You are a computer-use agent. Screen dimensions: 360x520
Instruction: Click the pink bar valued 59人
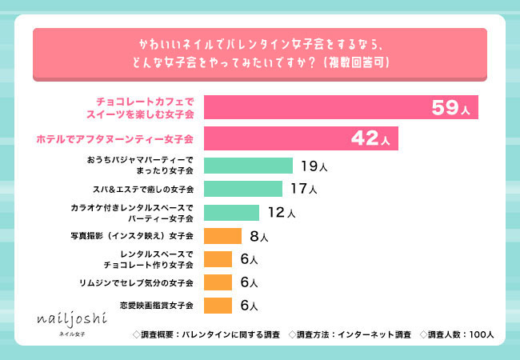pos(341,107)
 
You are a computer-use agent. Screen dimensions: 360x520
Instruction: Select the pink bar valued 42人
pos(301,138)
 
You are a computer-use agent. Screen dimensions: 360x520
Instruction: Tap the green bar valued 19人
pos(248,166)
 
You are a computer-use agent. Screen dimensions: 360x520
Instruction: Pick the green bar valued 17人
pos(243,189)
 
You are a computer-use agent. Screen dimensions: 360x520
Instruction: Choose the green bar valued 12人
pos(232,212)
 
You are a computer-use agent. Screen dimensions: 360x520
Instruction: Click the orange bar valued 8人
pos(222,236)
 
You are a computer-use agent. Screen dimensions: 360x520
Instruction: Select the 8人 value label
pos(258,237)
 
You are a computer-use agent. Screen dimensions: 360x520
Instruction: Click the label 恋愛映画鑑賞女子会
pos(157,306)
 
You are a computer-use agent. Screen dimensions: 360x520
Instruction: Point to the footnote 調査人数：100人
pos(461,334)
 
